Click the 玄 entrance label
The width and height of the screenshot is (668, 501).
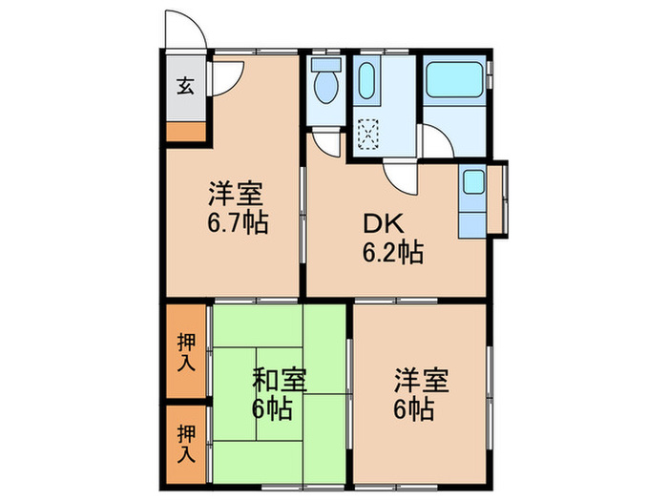184,86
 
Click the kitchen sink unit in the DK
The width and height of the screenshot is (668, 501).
472,200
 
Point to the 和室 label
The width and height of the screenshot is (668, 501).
279,379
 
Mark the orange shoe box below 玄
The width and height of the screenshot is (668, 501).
184,133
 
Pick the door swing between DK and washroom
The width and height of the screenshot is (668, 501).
399,176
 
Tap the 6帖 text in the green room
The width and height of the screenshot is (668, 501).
272,411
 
